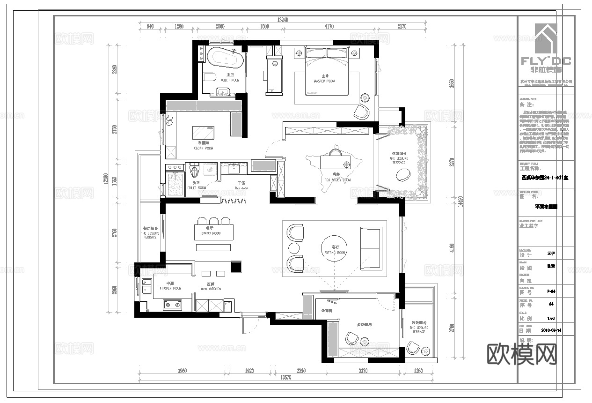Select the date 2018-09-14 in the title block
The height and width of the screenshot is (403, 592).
551,330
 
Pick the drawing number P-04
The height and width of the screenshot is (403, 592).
551,291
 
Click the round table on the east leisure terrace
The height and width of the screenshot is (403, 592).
403,175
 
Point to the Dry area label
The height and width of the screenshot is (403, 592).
241,188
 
